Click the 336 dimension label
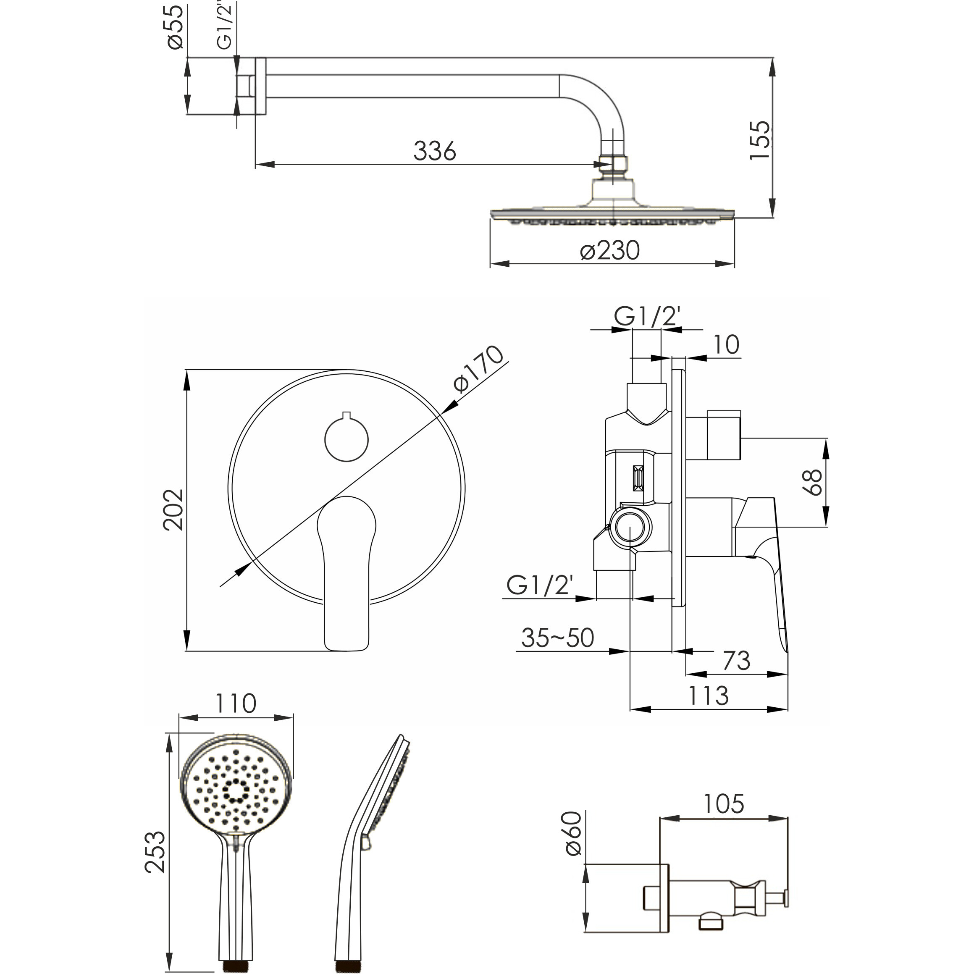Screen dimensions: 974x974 [435, 150]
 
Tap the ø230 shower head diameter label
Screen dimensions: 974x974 [610, 251]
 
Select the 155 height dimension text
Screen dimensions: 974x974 [760, 141]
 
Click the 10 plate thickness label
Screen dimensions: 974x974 [726, 345]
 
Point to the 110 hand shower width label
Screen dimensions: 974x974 [236, 703]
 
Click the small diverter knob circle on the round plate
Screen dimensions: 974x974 [347, 438]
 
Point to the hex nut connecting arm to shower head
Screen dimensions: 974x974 [612, 164]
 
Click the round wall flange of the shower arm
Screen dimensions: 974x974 [260, 86]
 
